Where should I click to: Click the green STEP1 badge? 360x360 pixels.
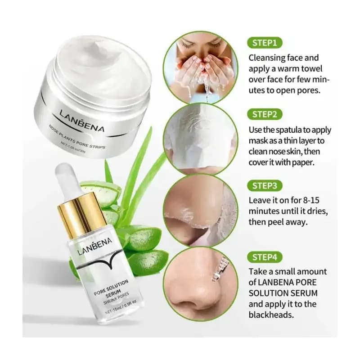pos(265,43)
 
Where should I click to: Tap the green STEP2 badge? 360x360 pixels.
pos(265,114)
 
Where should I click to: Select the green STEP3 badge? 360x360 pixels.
pos(265,186)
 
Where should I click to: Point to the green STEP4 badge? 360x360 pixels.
pos(265,257)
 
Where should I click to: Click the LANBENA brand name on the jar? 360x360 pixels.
pos(82,121)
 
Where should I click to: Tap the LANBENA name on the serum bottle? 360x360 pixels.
pos(94,246)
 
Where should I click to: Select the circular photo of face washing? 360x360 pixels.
pos(201,68)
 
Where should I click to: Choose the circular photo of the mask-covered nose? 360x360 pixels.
pos(201,139)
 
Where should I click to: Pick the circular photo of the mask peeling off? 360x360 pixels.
pos(201,211)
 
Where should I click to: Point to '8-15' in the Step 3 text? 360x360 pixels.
pos(311,200)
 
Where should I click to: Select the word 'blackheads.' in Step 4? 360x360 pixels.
pos(271,315)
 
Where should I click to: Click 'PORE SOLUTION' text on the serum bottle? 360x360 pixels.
pos(111,287)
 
